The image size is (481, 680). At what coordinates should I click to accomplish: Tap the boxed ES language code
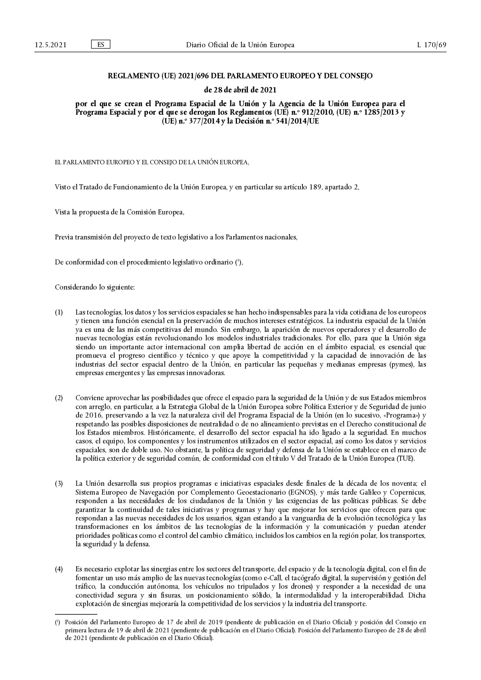point(101,44)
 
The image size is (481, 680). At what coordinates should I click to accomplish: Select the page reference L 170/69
point(432,45)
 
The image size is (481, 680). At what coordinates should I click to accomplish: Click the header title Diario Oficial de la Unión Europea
point(240,45)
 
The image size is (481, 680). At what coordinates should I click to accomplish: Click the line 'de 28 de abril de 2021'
point(240,89)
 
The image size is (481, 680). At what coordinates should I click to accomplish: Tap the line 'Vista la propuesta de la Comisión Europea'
point(120,212)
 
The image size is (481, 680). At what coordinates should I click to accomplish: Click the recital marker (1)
point(59,313)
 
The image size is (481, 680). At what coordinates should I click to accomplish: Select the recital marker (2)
point(59,398)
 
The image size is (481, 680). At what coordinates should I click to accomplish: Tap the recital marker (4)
point(59,569)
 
